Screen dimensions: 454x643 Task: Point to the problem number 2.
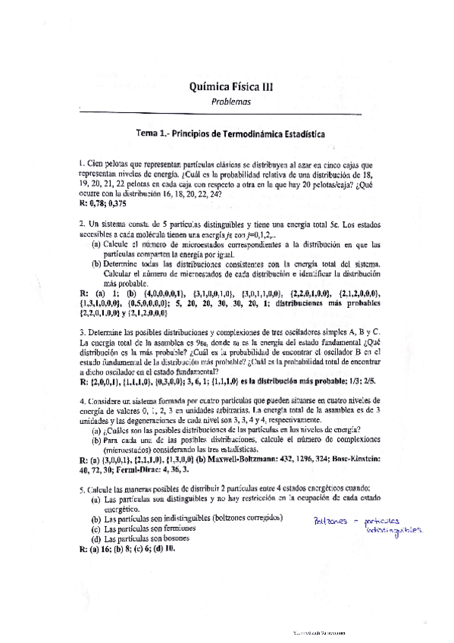[81, 224]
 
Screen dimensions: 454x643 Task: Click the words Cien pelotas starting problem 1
[108, 164]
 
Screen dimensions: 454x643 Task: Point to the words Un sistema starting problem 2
[107, 224]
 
